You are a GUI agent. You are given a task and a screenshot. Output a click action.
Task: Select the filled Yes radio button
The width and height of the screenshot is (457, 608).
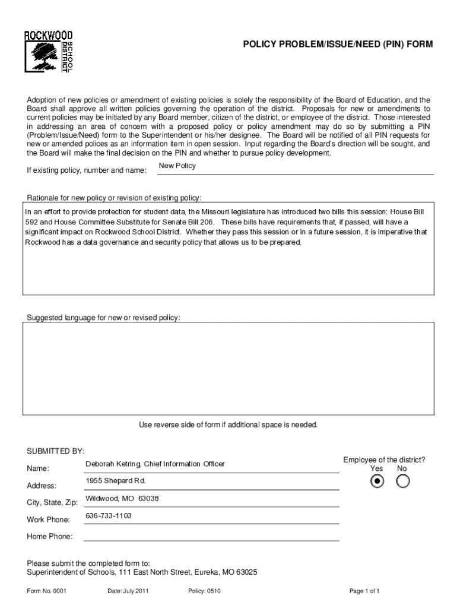click(x=377, y=482)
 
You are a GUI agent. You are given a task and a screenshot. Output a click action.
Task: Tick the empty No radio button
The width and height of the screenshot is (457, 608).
click(x=402, y=482)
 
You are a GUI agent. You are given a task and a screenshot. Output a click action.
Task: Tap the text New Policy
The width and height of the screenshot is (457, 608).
click(x=177, y=166)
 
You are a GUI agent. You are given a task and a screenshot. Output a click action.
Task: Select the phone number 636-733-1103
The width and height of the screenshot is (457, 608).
click(x=109, y=515)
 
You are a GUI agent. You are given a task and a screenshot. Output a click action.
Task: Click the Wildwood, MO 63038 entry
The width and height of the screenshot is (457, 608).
click(x=122, y=498)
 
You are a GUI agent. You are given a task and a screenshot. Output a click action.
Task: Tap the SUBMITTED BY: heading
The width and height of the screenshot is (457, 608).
click(x=56, y=449)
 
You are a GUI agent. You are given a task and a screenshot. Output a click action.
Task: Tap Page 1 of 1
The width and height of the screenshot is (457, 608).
click(x=364, y=591)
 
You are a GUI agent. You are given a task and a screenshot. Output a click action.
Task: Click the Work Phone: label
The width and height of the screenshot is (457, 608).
click(x=48, y=520)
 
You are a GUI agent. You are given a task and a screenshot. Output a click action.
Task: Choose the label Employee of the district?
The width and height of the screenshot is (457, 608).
click(x=384, y=460)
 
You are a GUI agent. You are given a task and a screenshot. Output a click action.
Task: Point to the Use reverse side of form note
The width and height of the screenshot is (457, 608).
click(x=228, y=425)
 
